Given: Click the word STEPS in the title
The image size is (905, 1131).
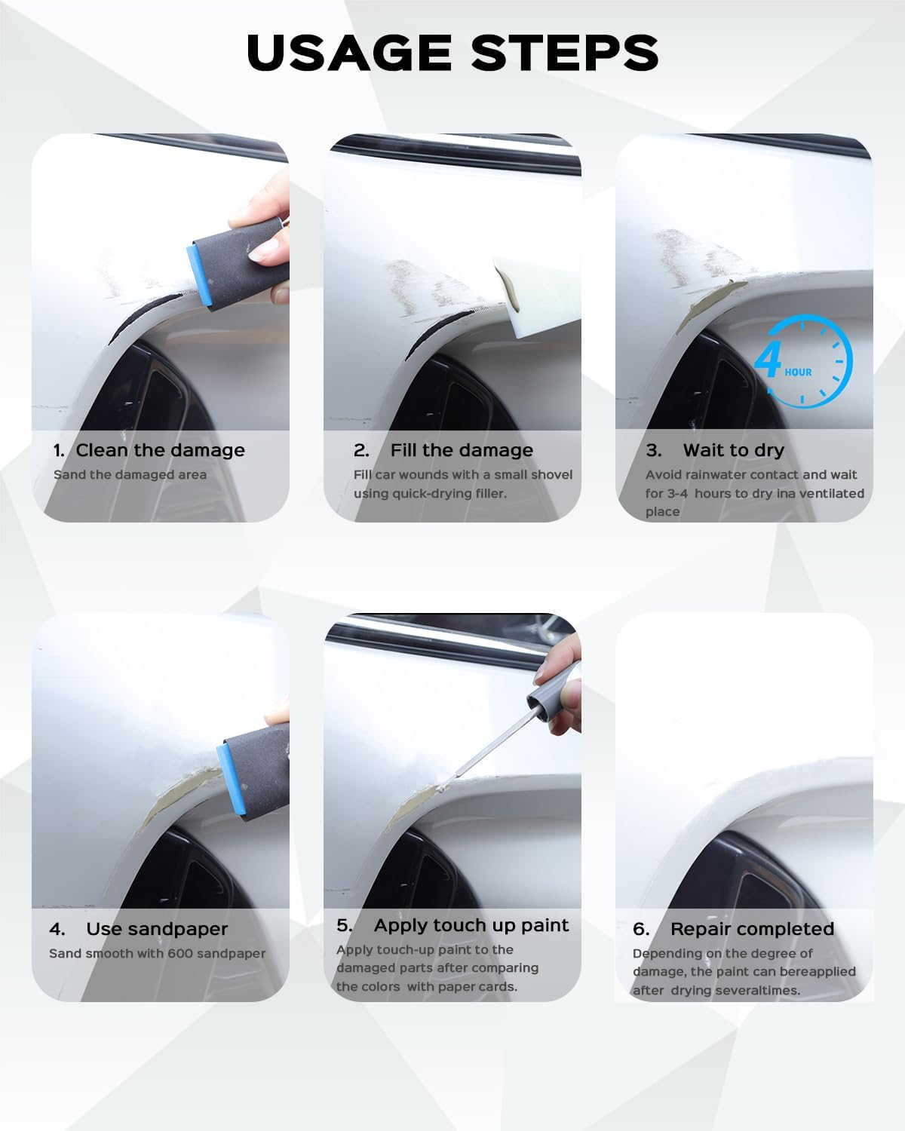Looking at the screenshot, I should tap(565, 53).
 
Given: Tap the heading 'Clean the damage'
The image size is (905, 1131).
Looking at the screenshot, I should tap(160, 450).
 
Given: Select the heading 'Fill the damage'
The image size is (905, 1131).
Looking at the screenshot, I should tap(462, 450).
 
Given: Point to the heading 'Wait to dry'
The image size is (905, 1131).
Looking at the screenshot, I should tap(733, 450).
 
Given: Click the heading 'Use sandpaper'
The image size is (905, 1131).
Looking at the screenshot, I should tap(157, 929).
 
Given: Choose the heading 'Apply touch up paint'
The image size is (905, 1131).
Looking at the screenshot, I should tap(471, 925).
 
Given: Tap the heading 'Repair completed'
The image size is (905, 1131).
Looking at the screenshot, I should tap(752, 929).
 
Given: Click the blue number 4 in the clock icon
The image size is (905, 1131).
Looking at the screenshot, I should tap(768, 360).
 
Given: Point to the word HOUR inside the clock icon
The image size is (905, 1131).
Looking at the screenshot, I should tap(798, 372).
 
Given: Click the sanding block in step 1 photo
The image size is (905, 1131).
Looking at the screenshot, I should tap(241, 260).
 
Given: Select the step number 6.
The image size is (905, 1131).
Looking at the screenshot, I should tap(641, 929).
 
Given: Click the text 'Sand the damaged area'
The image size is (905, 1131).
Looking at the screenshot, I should tap(130, 474).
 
